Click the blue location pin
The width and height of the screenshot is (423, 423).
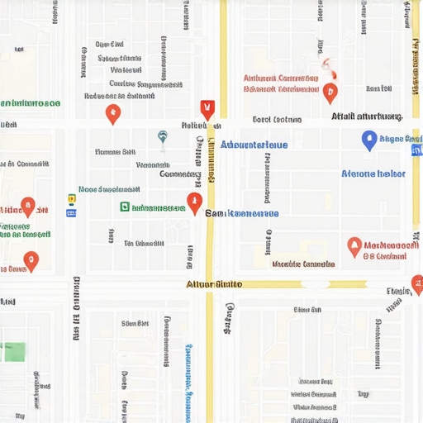click(369, 140)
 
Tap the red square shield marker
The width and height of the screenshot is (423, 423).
click(207, 107)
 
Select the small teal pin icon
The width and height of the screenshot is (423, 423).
click(163, 137)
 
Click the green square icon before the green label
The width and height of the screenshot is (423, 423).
click(125, 207)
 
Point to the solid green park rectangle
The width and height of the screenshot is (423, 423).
click(12, 351)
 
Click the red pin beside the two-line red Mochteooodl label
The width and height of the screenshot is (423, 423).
click(354, 245)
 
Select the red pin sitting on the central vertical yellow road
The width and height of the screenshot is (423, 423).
click(195, 202)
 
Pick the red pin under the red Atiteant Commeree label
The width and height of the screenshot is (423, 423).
click(330, 93)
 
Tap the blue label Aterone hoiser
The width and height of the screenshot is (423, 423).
click(373, 173)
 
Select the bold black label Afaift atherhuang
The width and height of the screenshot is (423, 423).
click(366, 116)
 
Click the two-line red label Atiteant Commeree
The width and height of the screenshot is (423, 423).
click(281, 83)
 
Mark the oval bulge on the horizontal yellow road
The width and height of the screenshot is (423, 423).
click(315, 283)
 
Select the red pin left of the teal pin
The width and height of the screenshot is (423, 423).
click(113, 115)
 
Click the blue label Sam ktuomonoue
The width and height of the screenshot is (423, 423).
click(241, 213)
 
